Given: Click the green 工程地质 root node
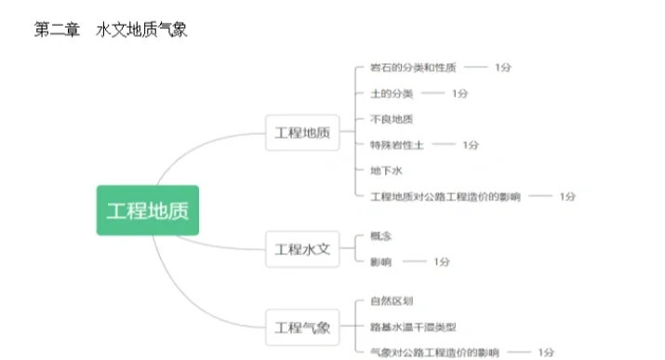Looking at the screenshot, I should click(148, 210).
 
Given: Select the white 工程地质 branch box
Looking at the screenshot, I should click(302, 133).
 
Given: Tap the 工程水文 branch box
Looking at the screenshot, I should click(302, 249).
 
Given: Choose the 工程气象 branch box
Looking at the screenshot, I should click(302, 327).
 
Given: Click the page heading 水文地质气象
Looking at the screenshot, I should click(142, 30).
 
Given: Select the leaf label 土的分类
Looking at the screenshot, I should click(391, 94).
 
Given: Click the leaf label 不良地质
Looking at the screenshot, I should click(391, 119).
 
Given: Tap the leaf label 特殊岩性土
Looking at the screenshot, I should click(397, 145).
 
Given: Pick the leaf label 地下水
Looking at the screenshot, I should click(385, 170).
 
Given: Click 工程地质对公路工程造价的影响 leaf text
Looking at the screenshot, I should click(446, 196).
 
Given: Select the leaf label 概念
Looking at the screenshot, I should click(379, 236).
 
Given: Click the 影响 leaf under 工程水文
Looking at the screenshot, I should click(379, 262).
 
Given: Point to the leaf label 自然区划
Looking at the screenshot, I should click(391, 301).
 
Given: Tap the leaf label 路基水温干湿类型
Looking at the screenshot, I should click(412, 327).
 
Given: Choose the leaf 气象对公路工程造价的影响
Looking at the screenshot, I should click(434, 353).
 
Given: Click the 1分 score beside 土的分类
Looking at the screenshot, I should click(459, 94).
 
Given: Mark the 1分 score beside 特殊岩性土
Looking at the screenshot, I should click(471, 145).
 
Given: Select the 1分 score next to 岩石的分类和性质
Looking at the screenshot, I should click(503, 68).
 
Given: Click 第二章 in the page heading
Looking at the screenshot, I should click(56, 30).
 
